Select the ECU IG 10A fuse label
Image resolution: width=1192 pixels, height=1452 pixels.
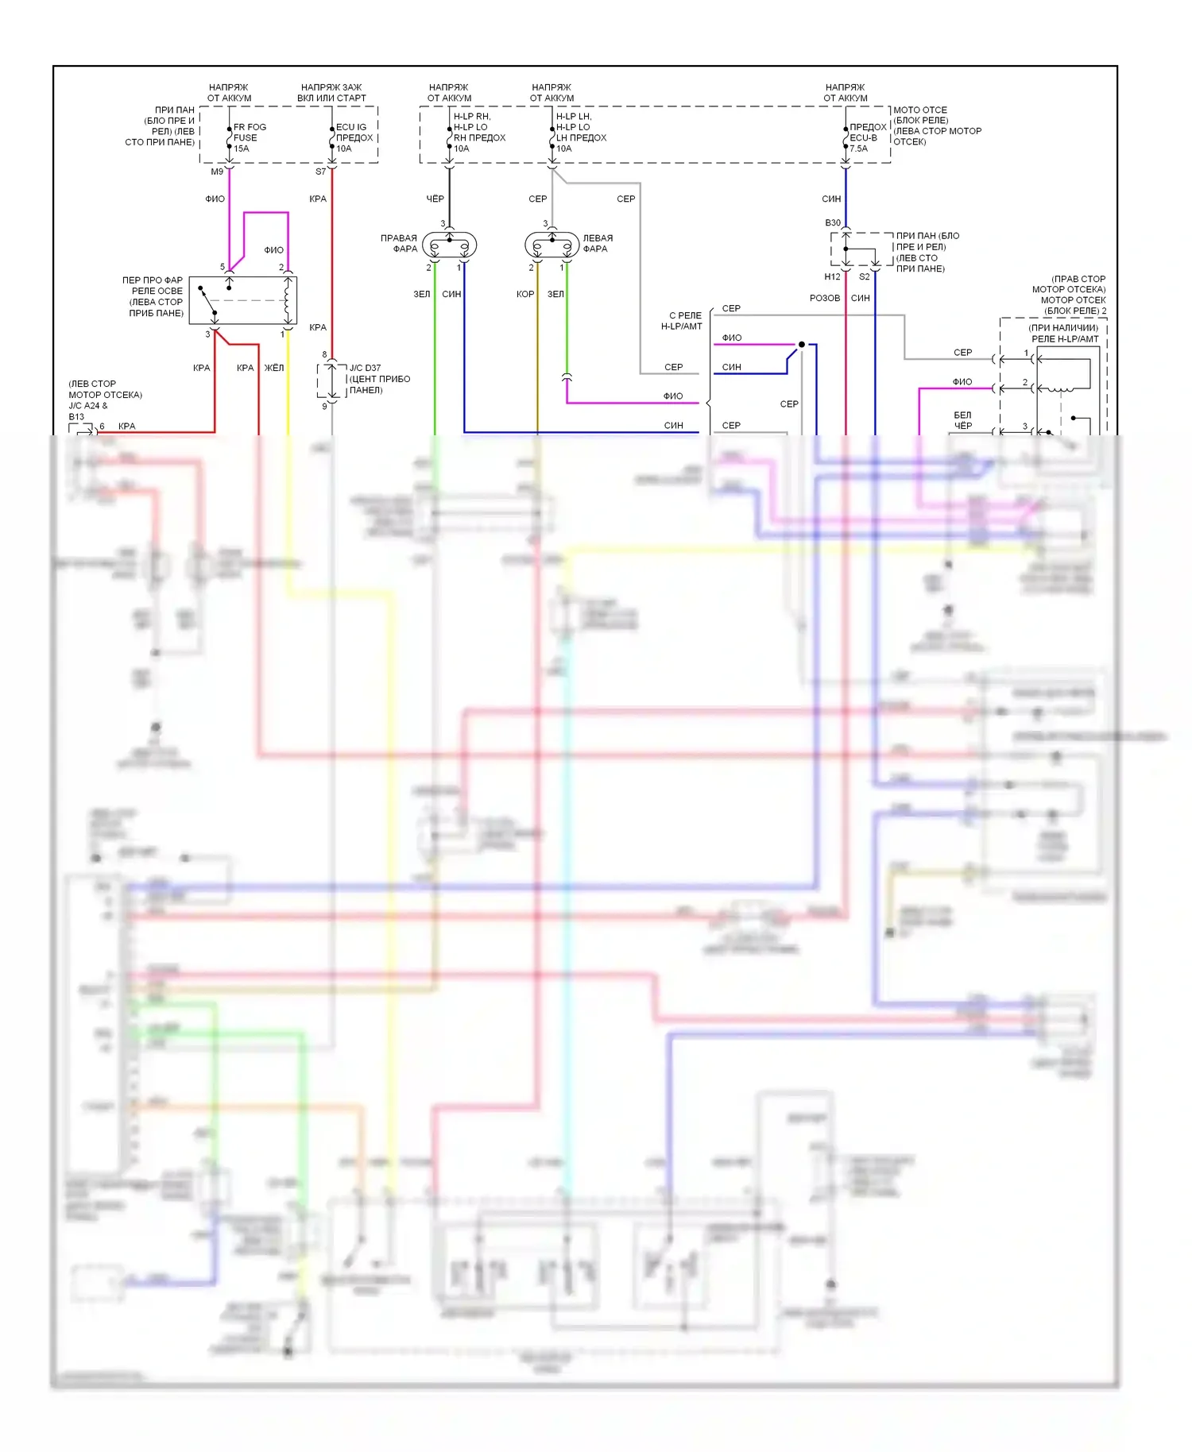tap(353, 137)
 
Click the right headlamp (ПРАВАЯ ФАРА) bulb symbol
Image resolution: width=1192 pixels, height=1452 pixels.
tap(449, 245)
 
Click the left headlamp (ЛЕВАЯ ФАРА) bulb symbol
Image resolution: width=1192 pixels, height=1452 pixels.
tap(552, 245)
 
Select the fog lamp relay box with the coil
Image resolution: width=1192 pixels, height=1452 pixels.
tap(243, 300)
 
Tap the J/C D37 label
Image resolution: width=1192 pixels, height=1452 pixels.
tap(365, 368)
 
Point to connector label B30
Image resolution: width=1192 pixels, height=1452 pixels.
tap(832, 223)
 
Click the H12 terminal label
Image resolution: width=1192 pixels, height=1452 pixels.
tap(832, 277)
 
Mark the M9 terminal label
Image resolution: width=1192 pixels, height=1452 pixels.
tap(217, 172)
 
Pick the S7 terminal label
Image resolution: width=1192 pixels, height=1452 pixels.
tap(320, 172)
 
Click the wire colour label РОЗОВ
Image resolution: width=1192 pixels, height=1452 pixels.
tap(824, 298)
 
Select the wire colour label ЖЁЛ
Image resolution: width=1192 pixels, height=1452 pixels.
tap(273, 368)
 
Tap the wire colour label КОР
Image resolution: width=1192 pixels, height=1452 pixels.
tap(524, 294)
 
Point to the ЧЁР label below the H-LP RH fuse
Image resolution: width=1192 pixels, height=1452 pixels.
tap(435, 199)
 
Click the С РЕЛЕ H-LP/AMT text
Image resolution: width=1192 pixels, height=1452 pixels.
tap(683, 321)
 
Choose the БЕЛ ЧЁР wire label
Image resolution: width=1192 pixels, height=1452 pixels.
tap(962, 420)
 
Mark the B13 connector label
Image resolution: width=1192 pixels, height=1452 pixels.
tap(76, 417)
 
